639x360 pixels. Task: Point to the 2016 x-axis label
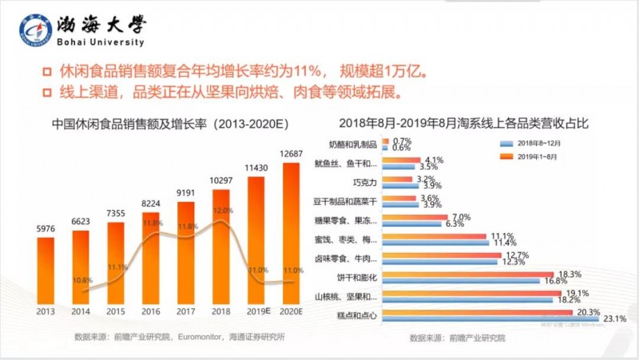coord(152,311)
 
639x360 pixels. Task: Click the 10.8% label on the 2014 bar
coord(82,280)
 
